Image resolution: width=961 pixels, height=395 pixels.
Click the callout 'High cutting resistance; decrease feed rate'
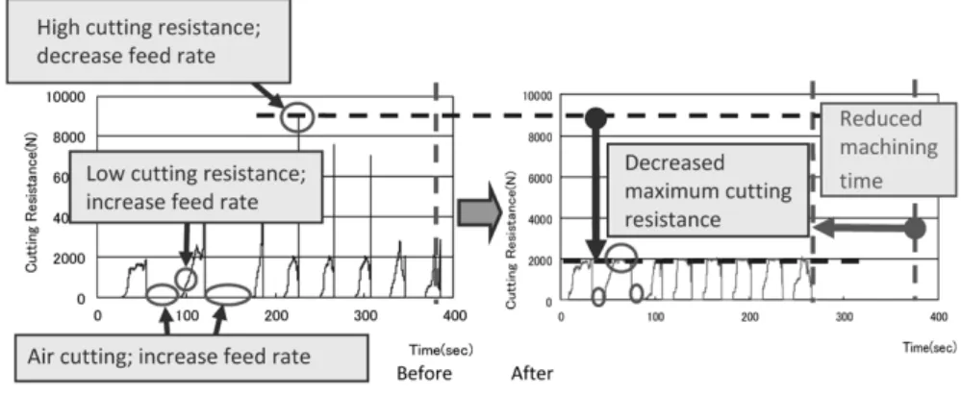coord(148,41)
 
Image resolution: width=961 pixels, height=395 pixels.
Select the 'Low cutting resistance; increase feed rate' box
coord(196,186)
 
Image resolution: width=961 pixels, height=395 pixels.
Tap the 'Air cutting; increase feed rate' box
coord(191,357)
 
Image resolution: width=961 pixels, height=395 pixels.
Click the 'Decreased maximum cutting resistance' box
coord(708,190)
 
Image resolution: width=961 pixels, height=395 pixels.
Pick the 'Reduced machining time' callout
coord(888,149)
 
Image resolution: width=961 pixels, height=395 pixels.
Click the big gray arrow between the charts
coord(480,212)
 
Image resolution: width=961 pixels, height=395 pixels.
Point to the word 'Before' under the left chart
coord(424,373)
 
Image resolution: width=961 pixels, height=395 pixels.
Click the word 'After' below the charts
coord(532,373)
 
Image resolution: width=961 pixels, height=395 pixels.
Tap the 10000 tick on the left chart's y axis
coord(64,97)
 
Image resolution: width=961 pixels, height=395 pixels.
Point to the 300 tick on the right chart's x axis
coord(845,316)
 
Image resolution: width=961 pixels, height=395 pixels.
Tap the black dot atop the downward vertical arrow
coord(595,118)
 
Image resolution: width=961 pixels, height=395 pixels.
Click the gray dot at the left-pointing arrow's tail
coord(915,229)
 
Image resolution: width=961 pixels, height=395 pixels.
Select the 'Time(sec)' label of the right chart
coord(929,347)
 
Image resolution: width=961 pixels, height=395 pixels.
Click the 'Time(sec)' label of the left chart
coord(442,350)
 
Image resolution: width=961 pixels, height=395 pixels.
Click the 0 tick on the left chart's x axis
coord(97,316)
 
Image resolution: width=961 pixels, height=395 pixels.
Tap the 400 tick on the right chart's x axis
coord(939,316)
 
